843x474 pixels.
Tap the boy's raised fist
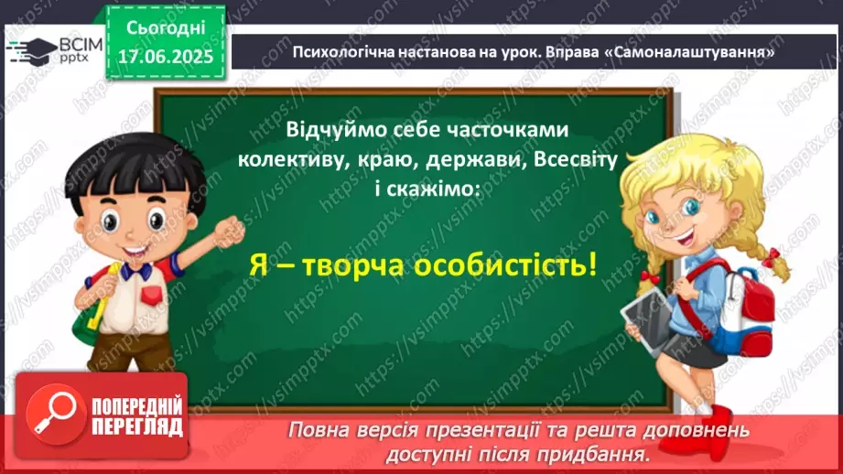[229, 231]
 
